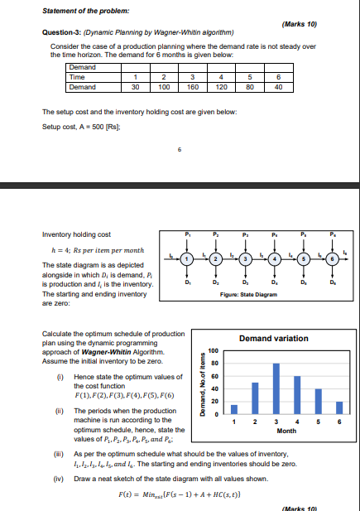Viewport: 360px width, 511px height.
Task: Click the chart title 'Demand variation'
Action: coord(273,338)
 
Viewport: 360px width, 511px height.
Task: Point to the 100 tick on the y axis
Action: coord(213,351)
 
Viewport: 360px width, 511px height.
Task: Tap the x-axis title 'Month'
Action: coord(286,431)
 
